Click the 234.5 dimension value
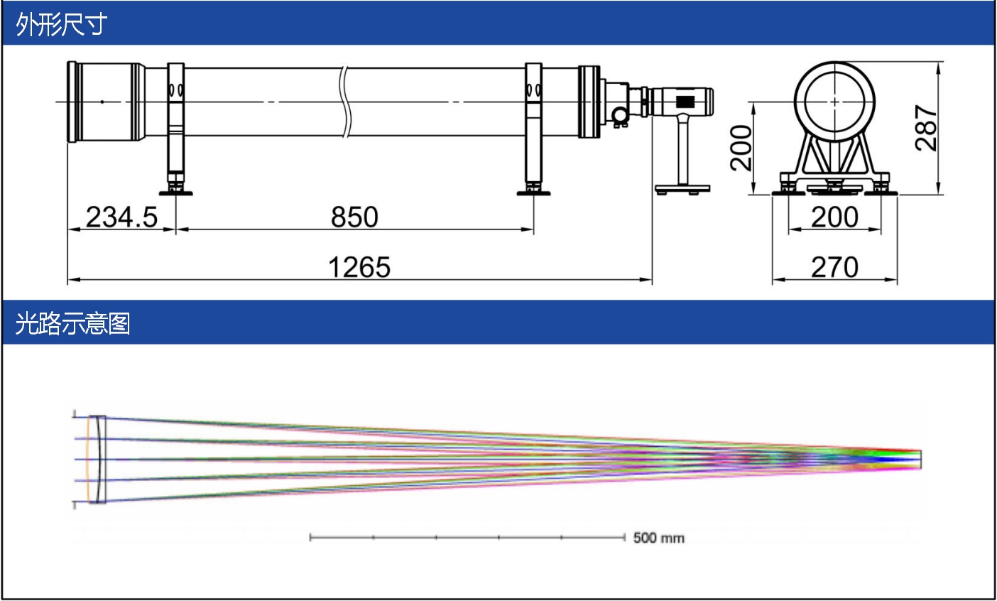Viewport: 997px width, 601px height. click(x=121, y=217)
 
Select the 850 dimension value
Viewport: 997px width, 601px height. click(x=354, y=217)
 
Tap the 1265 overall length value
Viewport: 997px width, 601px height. click(x=359, y=267)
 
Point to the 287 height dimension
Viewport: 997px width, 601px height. click(x=926, y=128)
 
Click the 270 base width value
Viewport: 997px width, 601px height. click(x=834, y=267)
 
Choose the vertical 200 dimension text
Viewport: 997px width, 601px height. click(x=741, y=148)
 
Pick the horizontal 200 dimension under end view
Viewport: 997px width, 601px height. click(x=834, y=217)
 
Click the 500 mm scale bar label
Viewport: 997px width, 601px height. click(x=659, y=538)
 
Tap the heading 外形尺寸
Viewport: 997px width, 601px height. click(x=61, y=23)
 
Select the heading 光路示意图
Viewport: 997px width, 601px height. click(x=73, y=323)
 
